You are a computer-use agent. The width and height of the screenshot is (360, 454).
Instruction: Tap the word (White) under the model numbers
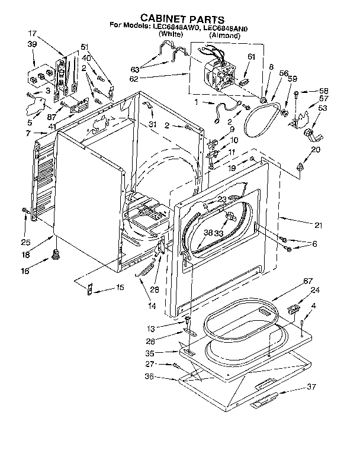click(x=169, y=36)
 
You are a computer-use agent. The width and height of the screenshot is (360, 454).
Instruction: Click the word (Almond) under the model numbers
click(x=225, y=36)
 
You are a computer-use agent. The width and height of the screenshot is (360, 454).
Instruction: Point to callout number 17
click(x=32, y=34)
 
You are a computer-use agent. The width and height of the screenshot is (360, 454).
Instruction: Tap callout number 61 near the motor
click(x=251, y=57)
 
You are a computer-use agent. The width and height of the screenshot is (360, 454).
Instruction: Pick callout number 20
click(x=315, y=150)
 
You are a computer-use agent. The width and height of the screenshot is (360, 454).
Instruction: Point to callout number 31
click(x=153, y=124)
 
